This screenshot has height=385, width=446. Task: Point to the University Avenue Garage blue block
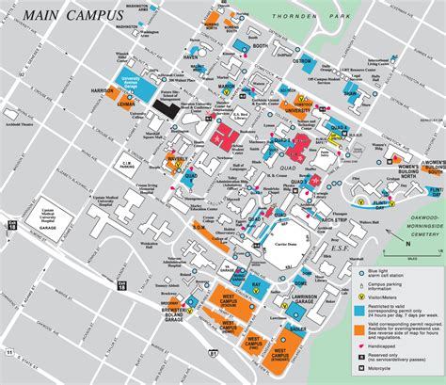135,82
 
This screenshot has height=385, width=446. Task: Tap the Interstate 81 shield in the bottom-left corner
11,354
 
